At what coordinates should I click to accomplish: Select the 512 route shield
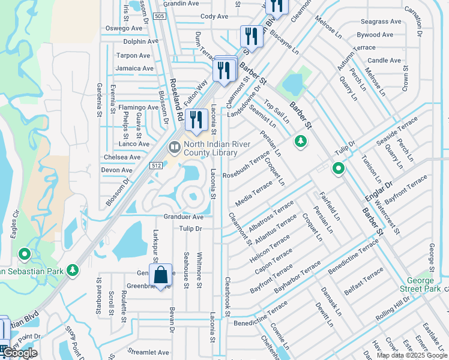(x=156, y=166)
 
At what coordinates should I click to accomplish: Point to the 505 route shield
(x=160, y=16)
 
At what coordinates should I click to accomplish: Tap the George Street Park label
(x=421, y=285)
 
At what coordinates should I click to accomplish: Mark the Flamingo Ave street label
(x=137, y=107)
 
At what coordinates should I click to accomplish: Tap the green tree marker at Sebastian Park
(x=73, y=270)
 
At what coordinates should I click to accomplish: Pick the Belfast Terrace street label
(x=364, y=282)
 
